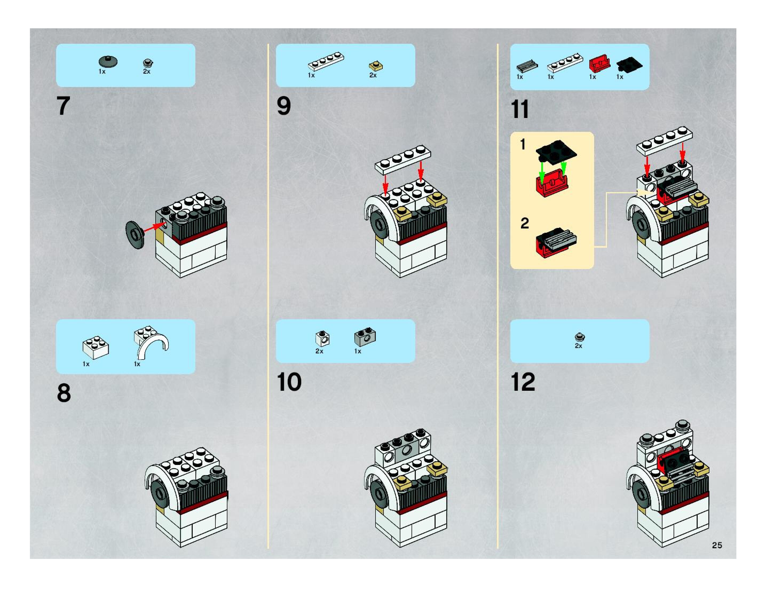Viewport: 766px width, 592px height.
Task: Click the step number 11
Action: point(520,109)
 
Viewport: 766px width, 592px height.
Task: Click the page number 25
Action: point(717,545)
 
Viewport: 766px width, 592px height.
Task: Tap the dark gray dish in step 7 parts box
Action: point(108,62)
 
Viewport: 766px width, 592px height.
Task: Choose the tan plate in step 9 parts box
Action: point(376,66)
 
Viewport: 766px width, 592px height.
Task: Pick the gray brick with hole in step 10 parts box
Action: point(365,336)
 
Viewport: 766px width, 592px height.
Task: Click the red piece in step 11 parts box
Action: point(599,64)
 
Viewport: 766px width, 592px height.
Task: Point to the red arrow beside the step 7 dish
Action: point(154,227)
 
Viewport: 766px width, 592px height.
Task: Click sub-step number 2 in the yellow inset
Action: point(524,223)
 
